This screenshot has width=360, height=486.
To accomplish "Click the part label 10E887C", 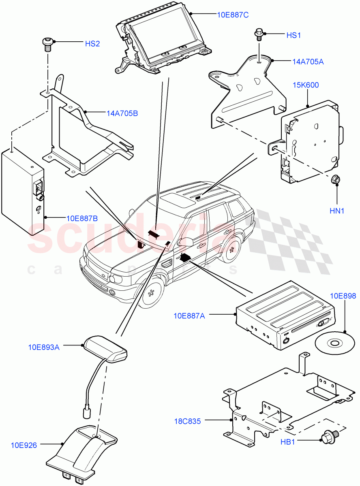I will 233,15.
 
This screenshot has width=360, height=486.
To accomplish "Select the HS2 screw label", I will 92,44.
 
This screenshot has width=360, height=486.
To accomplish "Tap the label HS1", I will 294,36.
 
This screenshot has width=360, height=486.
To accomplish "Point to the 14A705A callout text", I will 308,62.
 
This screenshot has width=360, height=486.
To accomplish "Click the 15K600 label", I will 306,85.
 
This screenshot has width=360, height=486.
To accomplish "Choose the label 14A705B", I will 121,113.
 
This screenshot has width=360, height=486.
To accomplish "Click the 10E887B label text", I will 82,219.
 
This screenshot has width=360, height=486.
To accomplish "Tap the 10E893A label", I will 44,347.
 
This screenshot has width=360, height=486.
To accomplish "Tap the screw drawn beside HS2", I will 47,44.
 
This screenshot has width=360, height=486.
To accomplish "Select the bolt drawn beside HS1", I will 258,34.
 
